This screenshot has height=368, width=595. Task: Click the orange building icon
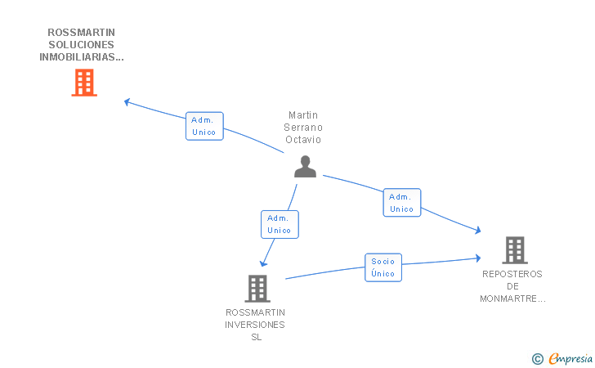pos(84,83)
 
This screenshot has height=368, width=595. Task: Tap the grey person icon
pos(305,166)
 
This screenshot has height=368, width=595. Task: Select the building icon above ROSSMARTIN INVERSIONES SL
pos(257,288)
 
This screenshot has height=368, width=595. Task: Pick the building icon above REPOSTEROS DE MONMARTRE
pos(515,250)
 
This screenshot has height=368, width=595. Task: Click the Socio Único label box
pos(383,267)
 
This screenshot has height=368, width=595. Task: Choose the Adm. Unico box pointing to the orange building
pos(204,126)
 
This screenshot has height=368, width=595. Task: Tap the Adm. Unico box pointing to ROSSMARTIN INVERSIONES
pos(280,224)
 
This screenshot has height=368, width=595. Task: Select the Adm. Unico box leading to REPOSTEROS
pos(402,203)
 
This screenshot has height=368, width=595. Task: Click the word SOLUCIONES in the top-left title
pos(81,45)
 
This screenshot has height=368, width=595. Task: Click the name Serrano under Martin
pos(303,128)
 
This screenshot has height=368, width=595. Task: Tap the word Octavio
pos(303,140)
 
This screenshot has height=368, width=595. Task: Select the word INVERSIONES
pos(255,325)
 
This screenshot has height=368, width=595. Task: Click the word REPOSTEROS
pos(512,274)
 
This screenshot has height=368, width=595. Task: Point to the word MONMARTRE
pos(508,298)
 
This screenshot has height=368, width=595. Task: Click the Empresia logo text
pos(570,359)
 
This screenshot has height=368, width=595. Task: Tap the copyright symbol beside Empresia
pos(538,359)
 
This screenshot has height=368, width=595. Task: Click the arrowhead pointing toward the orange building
pos(127,101)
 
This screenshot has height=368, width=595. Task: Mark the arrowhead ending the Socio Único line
pos(478,258)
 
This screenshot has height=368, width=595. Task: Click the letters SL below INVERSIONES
pos(256,337)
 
